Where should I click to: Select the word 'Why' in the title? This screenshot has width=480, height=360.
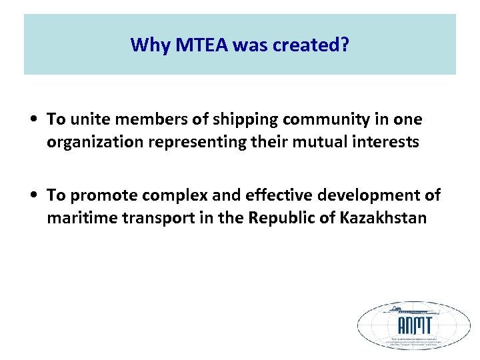coord(145,45)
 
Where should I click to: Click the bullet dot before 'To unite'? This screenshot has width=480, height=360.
coord(33,120)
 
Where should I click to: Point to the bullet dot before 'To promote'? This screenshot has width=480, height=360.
coord(33,196)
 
